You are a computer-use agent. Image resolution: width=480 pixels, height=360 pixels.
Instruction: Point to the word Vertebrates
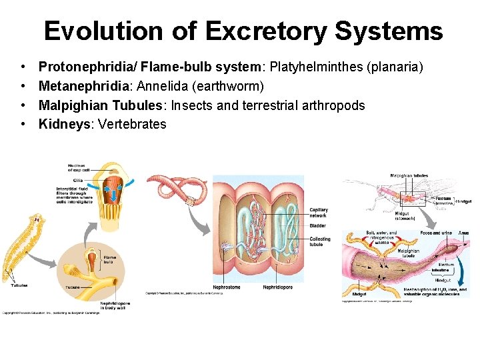tap(132, 124)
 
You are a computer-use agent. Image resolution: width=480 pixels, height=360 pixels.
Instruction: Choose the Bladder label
tap(317, 226)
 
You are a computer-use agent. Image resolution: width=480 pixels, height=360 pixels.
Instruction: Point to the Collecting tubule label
tap(320, 241)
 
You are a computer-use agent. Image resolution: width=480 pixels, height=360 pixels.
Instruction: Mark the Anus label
tap(463, 233)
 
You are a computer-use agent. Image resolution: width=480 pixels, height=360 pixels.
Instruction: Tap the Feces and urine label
tap(436, 233)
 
